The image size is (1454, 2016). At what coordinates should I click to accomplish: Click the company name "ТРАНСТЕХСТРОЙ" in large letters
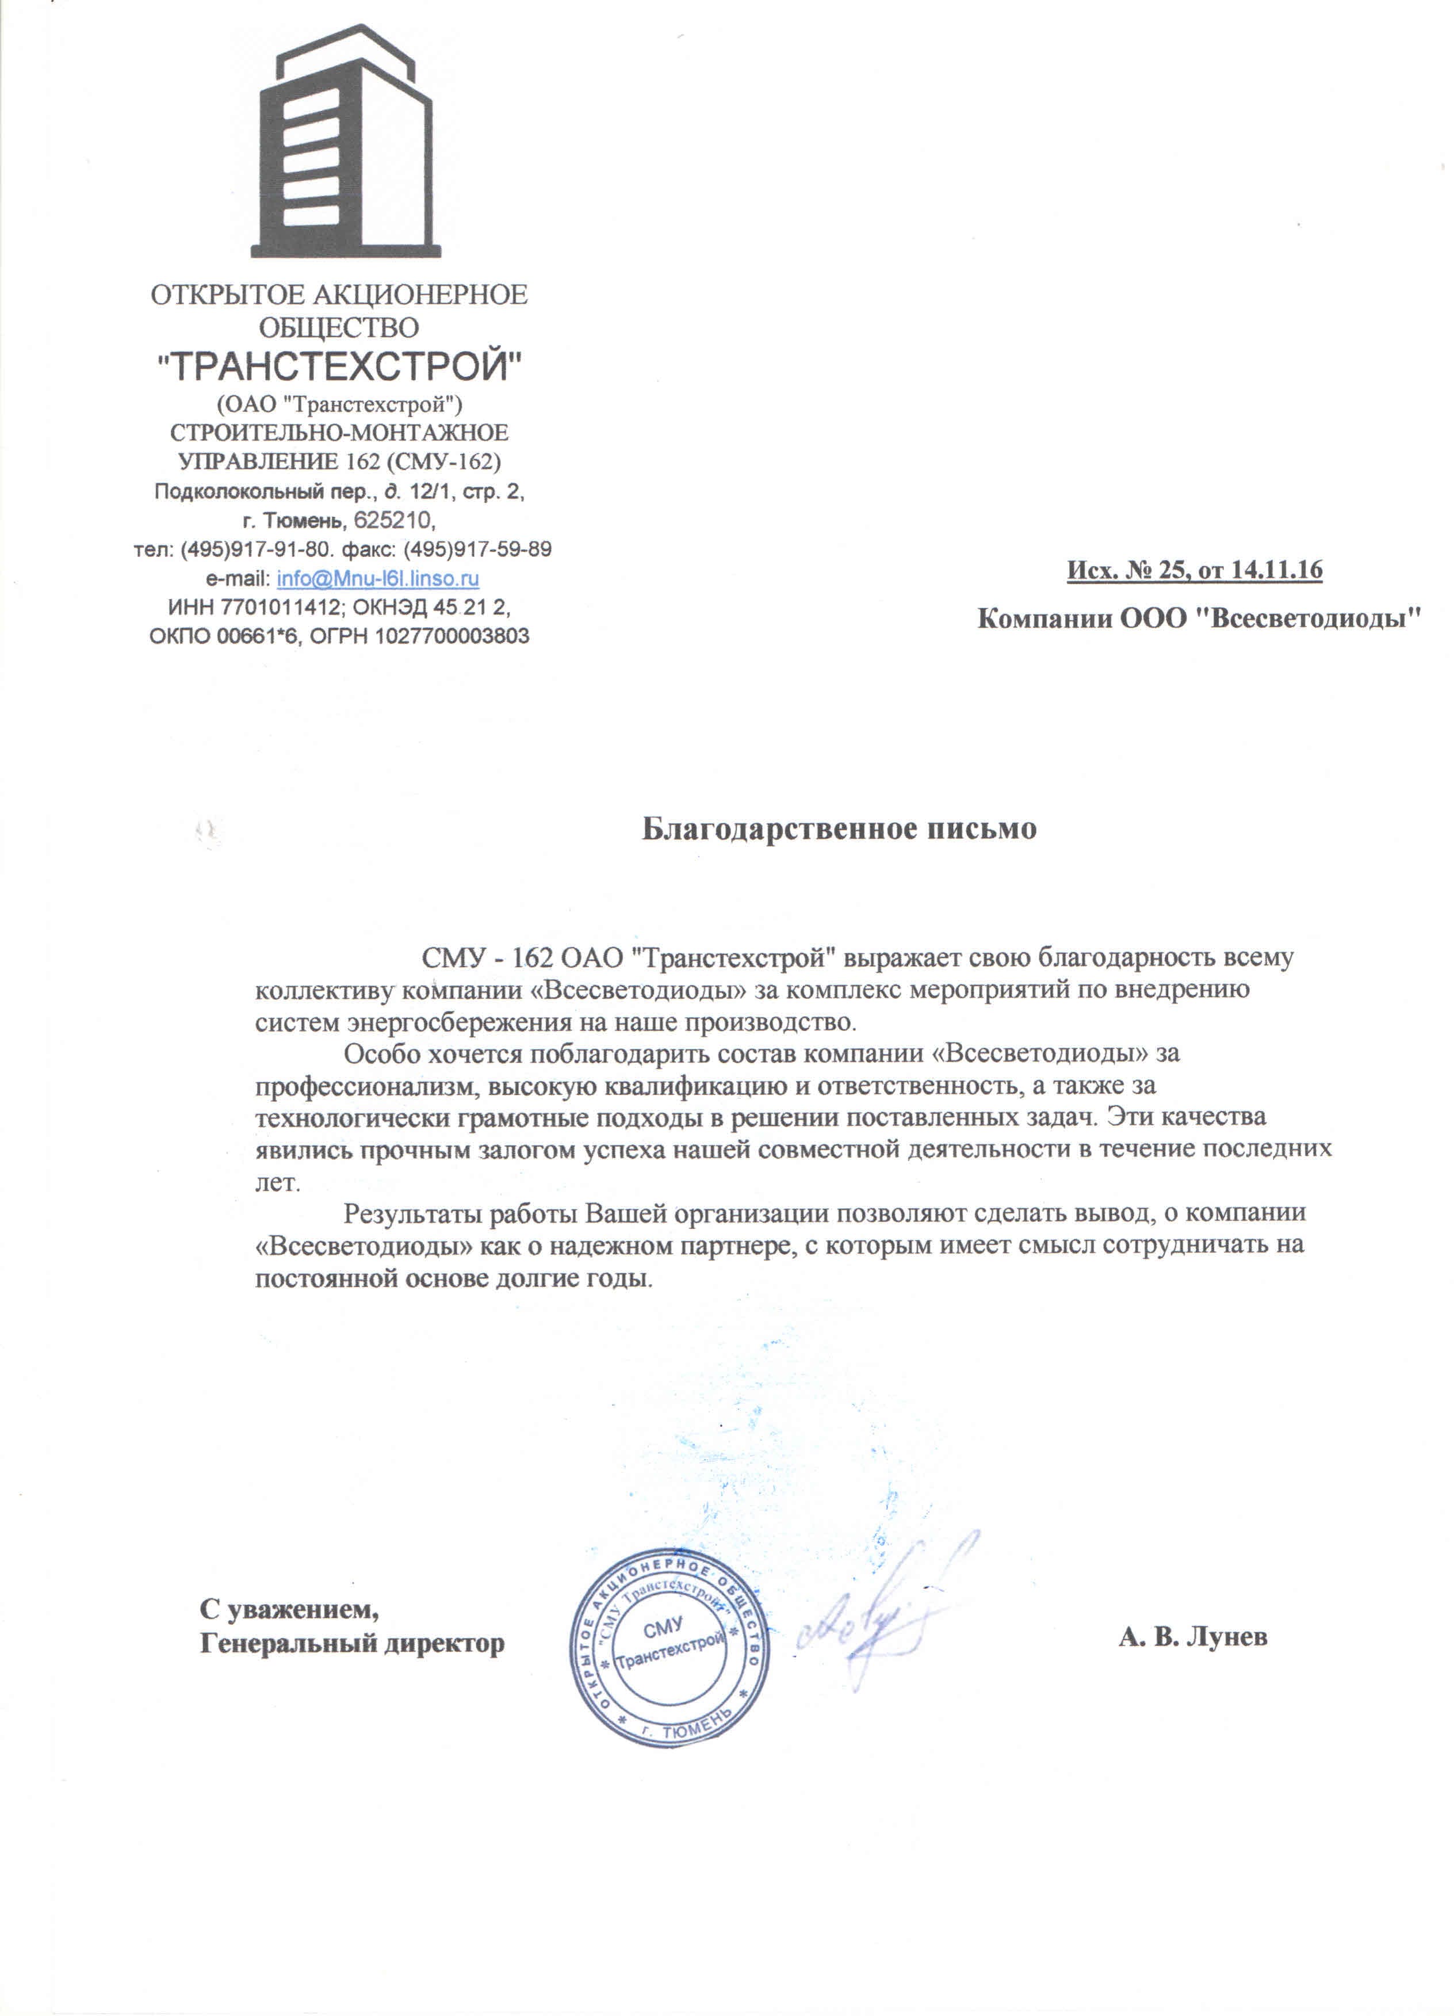pos(339,365)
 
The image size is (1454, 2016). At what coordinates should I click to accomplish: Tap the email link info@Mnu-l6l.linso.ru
pos(378,579)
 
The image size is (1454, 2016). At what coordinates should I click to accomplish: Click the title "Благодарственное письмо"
pos(839,828)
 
